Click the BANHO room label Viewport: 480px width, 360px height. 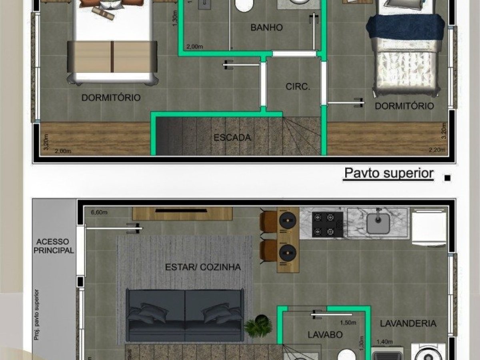coord(266,28)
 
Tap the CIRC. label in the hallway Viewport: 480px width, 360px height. coord(298,87)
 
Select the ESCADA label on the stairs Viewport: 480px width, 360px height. coord(232,138)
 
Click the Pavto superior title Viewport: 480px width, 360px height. coord(388,174)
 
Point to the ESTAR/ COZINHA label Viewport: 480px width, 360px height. coord(203,267)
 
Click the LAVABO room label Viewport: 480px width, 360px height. coord(325,334)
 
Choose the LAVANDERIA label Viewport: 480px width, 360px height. coord(408,324)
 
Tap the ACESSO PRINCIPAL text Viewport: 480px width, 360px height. coord(54,246)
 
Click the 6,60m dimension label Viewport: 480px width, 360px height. coord(99,212)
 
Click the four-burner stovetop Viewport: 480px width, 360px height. coord(324,224)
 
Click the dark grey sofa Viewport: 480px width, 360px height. coord(185,315)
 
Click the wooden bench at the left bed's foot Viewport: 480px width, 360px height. coord(112,56)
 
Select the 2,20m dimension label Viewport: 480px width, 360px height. coord(436,150)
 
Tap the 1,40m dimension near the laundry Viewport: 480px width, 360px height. coord(385,342)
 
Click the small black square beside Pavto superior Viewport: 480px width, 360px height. coord(448,178)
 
